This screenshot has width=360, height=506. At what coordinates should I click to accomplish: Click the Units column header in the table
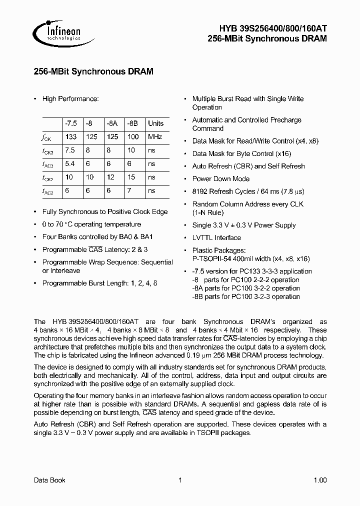point(155,123)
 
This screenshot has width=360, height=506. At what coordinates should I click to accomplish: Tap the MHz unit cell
point(155,137)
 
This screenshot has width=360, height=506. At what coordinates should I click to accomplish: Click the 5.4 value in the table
point(70,164)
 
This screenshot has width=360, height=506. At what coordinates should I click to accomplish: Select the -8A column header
point(112,123)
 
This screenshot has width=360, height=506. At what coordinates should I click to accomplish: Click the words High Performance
point(70,99)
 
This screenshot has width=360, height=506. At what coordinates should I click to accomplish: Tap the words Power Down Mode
point(221,178)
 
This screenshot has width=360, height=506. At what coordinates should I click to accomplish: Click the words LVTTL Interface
point(216,237)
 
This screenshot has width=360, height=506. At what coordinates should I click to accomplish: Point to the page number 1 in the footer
point(179,480)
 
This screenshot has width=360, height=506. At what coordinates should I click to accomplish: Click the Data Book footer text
point(49,480)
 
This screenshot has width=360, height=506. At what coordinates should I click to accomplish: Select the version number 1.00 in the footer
point(320,480)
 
